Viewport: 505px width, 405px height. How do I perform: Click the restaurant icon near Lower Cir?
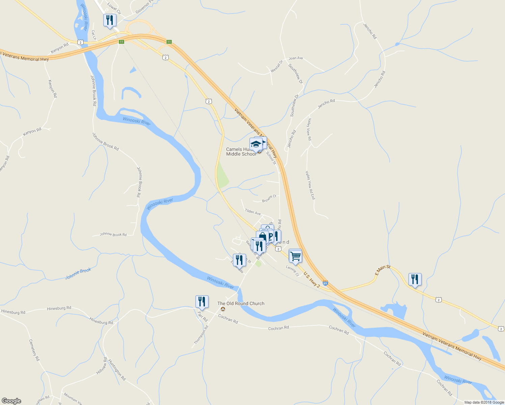(109, 20)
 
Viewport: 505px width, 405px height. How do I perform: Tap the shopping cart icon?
(295, 256)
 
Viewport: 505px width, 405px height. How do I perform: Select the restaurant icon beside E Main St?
(415, 279)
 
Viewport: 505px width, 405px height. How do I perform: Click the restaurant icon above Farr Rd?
(202, 301)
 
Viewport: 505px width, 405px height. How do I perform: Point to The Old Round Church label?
(241, 303)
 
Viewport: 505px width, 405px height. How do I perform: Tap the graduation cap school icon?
(256, 144)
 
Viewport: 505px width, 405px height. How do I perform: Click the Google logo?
(11, 401)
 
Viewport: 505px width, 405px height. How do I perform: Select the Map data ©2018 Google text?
(484, 402)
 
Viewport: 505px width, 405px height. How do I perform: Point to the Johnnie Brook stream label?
(78, 274)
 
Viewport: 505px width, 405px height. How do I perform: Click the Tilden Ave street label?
(253, 212)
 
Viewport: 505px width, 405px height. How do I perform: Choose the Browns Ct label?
(269, 198)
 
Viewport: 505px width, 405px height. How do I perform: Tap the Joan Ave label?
(296, 58)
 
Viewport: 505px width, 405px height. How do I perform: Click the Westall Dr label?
(276, 66)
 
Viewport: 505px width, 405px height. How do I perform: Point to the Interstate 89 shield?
(325, 283)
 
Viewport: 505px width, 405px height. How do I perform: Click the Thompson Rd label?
(201, 335)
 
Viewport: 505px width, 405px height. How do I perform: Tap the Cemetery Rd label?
(34, 350)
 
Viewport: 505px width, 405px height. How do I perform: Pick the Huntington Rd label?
(117, 370)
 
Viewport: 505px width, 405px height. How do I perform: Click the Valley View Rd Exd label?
(310, 185)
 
